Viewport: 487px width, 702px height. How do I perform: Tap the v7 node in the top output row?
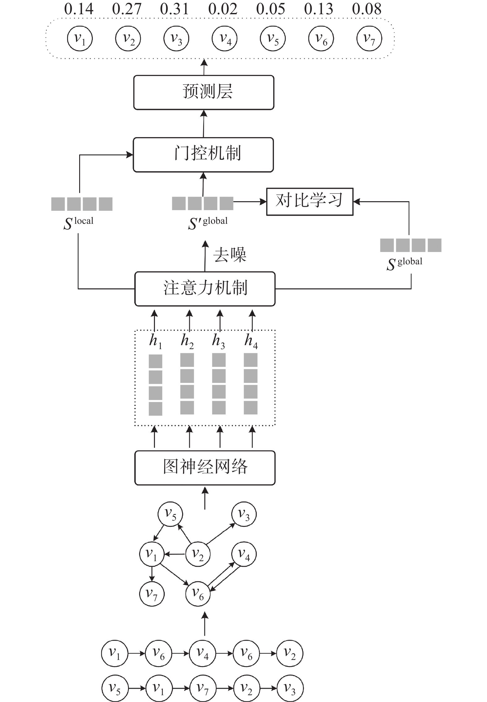pyautogui.click(x=369, y=38)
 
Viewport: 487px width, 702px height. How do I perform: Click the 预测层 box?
pyautogui.click(x=204, y=92)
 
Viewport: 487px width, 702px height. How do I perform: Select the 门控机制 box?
pyautogui.click(x=203, y=154)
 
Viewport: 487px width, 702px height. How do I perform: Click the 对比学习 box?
pyautogui.click(x=310, y=201)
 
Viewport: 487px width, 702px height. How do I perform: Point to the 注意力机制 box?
pyautogui.click(x=205, y=288)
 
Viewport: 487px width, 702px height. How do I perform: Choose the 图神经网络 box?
pyautogui.click(x=205, y=467)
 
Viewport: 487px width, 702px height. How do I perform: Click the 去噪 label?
pyautogui.click(x=229, y=255)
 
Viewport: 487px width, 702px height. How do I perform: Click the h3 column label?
pyautogui.click(x=218, y=341)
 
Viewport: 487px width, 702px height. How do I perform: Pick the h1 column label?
pyautogui.click(x=155, y=341)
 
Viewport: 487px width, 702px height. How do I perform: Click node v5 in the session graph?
pyautogui.click(x=170, y=514)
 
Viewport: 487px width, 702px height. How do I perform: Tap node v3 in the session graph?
pyautogui.click(x=244, y=514)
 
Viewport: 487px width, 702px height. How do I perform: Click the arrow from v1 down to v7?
pyautogui.click(x=152, y=574)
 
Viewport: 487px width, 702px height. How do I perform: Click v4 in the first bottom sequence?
pyautogui.click(x=203, y=653)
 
